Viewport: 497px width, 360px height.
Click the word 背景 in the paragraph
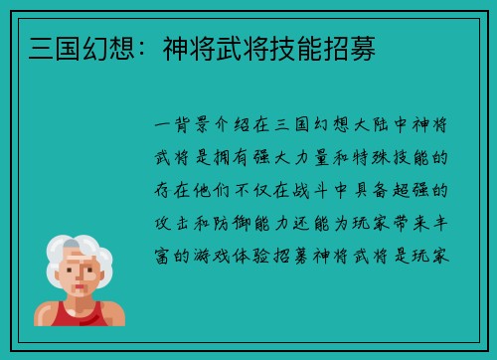pyautogui.click(x=191, y=126)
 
